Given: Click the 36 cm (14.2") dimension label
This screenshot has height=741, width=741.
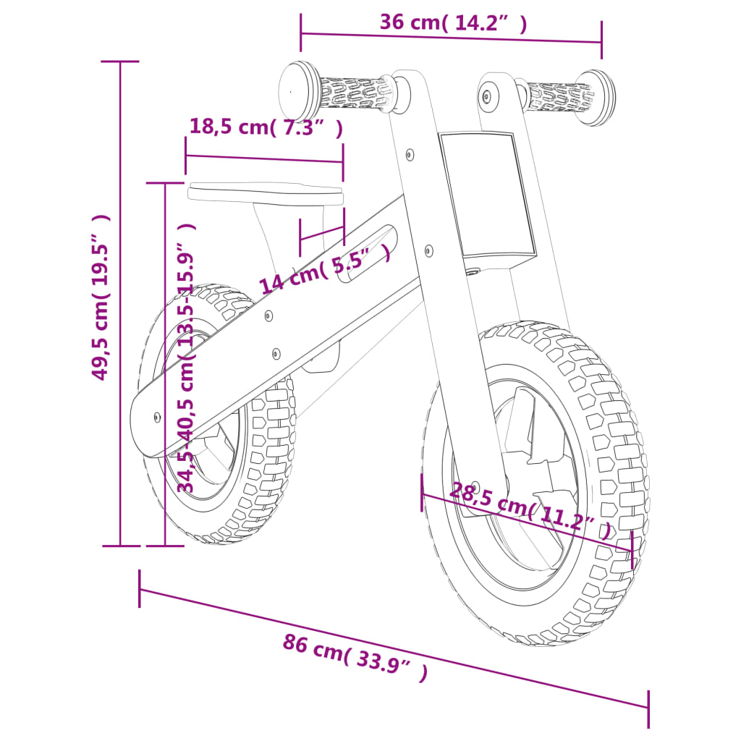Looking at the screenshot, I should coord(453,22).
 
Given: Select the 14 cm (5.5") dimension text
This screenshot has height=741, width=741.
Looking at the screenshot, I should coord(326,268).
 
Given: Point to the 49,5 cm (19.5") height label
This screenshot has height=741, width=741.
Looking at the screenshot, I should coord(101,297).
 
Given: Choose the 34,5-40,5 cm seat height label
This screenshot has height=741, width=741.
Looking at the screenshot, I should coord(187,358).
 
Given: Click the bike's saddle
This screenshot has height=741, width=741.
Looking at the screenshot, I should coord(265,192).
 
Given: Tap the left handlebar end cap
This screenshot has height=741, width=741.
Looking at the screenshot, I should coord(299,89).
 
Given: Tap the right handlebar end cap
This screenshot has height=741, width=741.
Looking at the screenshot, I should coord(598,97).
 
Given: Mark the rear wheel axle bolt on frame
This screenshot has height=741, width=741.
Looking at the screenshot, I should coord(158,417).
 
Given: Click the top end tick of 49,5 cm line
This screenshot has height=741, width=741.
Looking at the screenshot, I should coord(119,62).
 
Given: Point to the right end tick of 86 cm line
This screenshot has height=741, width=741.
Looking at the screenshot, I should coord(648,708).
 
